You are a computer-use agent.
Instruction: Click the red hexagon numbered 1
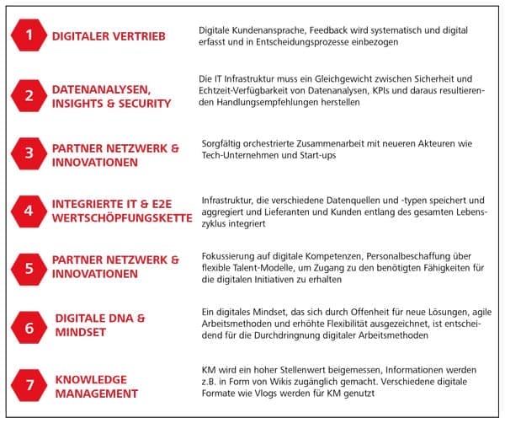click(29, 35)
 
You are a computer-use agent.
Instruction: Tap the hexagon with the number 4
click(29, 210)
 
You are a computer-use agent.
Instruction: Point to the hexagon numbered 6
click(29, 327)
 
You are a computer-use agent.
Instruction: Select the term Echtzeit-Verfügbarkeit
click(250, 90)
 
